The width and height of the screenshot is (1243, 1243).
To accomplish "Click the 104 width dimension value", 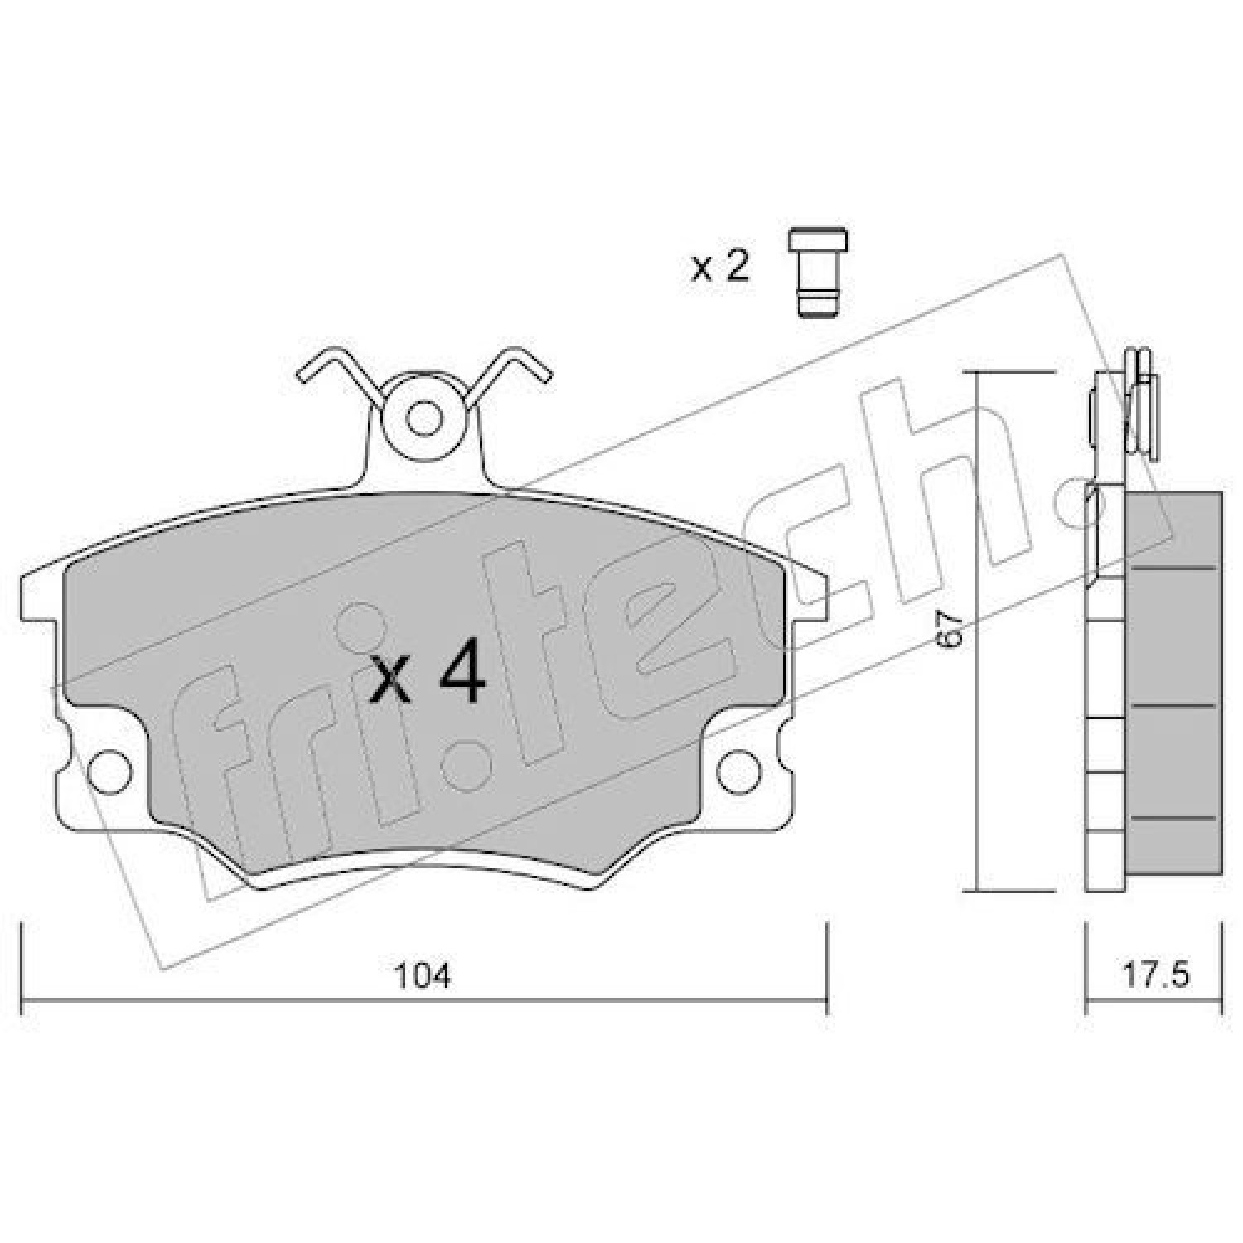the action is point(423,977).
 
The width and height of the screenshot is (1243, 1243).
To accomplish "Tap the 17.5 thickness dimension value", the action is point(1156,975).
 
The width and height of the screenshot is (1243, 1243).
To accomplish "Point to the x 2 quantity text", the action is point(720,267).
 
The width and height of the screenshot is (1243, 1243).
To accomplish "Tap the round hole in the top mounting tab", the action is point(426,417).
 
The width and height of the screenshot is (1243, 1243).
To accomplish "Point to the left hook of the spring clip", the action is point(331,373).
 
